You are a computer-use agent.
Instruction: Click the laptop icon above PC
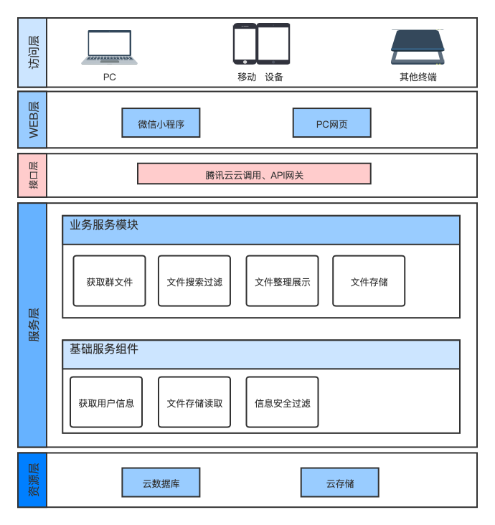point(109,47)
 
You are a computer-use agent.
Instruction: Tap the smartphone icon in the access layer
point(244,44)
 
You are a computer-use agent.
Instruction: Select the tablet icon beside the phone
point(273,44)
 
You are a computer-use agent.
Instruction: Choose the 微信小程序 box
point(161,123)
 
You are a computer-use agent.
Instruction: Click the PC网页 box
point(331,123)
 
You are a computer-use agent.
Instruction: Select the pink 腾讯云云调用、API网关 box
point(254,174)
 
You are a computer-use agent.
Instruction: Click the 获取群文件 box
point(109,281)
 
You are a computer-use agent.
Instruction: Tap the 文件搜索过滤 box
point(194,281)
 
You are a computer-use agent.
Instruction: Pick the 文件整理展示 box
point(282,281)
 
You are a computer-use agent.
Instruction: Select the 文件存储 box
point(369,281)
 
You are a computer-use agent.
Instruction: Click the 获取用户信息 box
point(106,402)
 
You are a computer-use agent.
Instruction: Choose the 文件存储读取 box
point(194,402)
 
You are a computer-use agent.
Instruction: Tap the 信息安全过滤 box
point(282,402)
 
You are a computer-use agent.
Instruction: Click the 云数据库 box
point(161,483)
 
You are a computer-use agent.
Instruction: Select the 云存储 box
point(339,483)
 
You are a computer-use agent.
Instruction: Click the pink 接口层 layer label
point(32,175)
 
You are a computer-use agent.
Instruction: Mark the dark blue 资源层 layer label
point(32,480)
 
